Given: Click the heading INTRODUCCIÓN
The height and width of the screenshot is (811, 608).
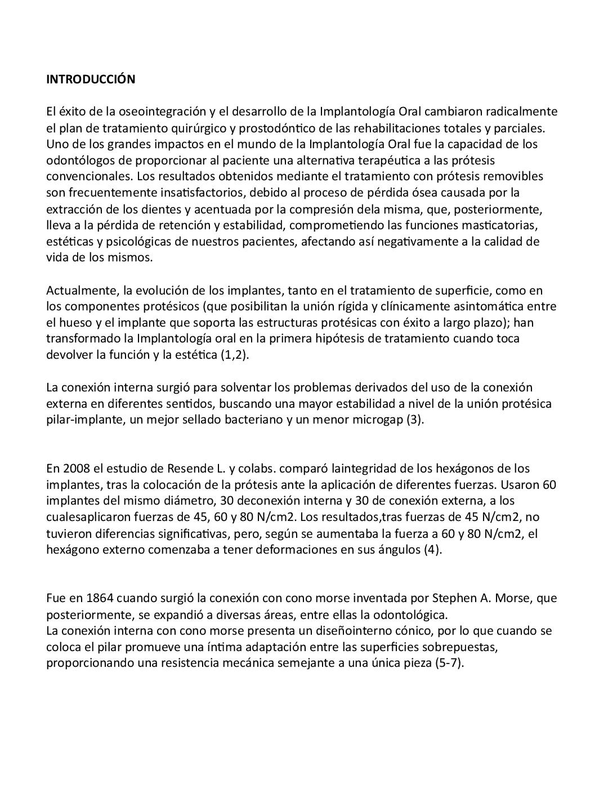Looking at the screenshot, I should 90,79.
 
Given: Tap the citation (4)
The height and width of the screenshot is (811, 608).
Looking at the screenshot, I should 432,550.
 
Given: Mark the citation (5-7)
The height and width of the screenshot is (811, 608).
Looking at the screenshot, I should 449,663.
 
